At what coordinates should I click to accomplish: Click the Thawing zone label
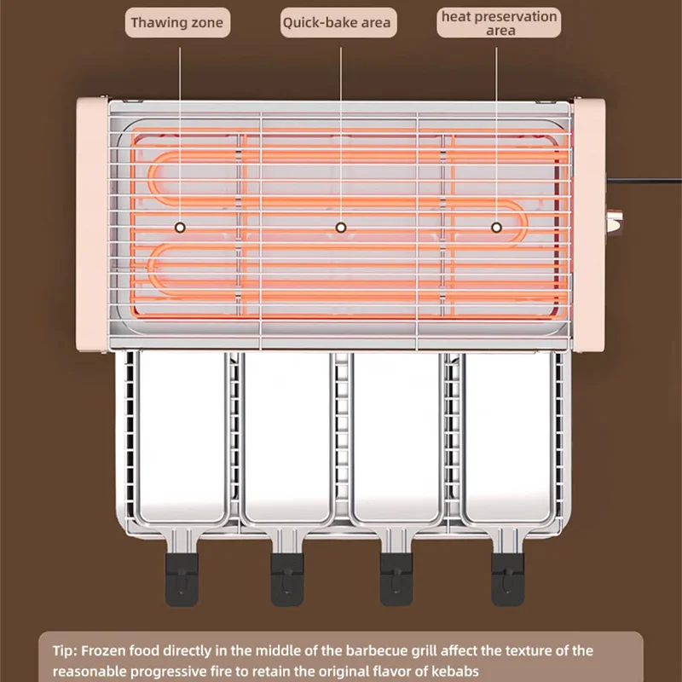179,22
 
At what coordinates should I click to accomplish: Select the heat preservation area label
500,23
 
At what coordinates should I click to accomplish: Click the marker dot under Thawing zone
180,228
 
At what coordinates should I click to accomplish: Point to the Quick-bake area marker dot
340,228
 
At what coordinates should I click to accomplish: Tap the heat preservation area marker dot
496,228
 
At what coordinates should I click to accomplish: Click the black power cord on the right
648,180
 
